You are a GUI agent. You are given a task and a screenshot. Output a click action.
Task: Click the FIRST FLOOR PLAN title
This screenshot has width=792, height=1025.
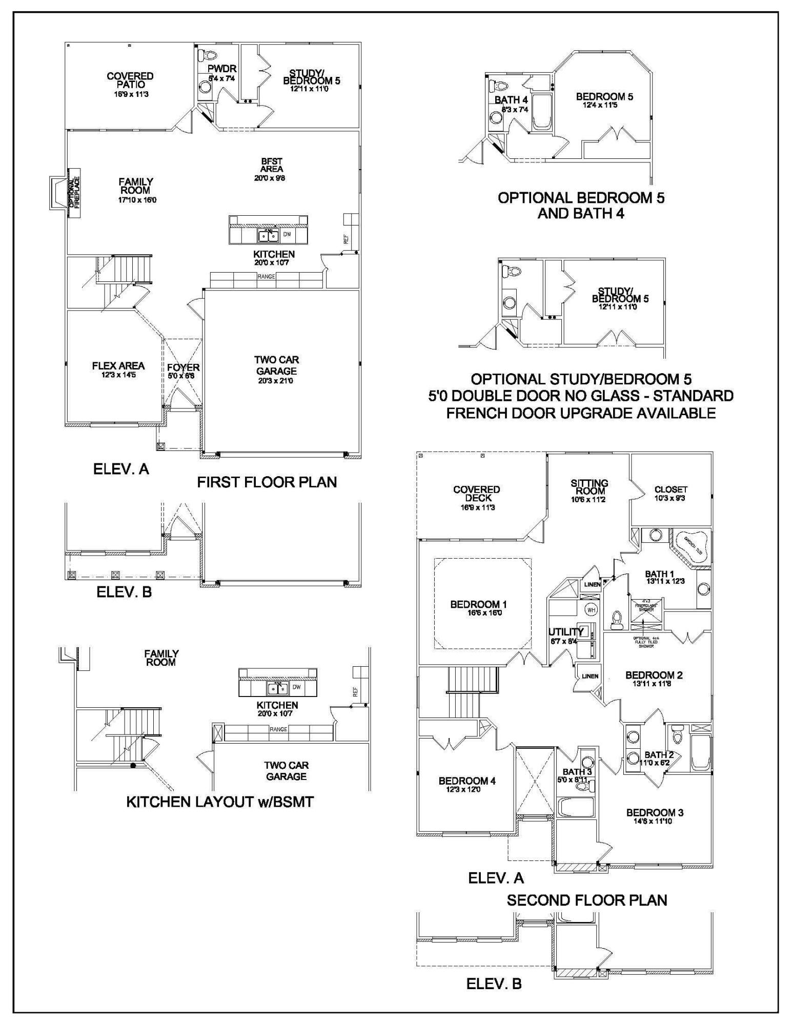click(267, 482)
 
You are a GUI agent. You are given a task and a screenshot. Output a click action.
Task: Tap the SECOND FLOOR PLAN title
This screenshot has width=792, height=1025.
click(587, 900)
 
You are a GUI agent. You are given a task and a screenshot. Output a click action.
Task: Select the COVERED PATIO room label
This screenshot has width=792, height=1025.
click(130, 80)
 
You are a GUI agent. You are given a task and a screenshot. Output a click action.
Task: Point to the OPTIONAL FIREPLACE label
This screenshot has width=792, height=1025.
click(74, 193)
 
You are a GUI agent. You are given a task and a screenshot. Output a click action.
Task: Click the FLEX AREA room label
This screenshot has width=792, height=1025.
click(118, 366)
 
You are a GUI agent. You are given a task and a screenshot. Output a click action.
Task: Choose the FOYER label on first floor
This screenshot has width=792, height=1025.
click(183, 368)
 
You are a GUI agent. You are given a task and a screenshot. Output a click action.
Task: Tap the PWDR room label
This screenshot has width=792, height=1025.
click(222, 69)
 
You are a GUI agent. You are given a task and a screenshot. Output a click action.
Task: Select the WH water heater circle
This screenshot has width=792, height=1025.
click(591, 610)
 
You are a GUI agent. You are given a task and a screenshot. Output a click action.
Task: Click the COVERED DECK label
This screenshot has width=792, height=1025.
click(476, 494)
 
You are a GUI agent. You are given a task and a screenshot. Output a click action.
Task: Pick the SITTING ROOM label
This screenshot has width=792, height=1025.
click(590, 487)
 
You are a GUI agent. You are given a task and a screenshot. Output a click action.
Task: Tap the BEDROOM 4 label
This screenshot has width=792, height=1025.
click(467, 781)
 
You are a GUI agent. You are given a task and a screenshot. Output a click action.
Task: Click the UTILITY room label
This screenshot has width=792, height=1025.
click(565, 631)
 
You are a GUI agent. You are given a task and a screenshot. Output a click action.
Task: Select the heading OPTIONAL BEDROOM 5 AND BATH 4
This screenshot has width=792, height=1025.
click(581, 206)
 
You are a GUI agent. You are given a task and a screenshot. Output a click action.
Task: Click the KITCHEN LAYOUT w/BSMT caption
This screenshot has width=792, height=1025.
click(220, 802)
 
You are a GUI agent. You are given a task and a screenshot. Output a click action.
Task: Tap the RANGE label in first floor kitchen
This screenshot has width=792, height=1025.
click(267, 277)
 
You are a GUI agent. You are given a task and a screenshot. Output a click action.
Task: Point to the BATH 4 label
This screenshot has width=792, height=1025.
click(511, 100)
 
